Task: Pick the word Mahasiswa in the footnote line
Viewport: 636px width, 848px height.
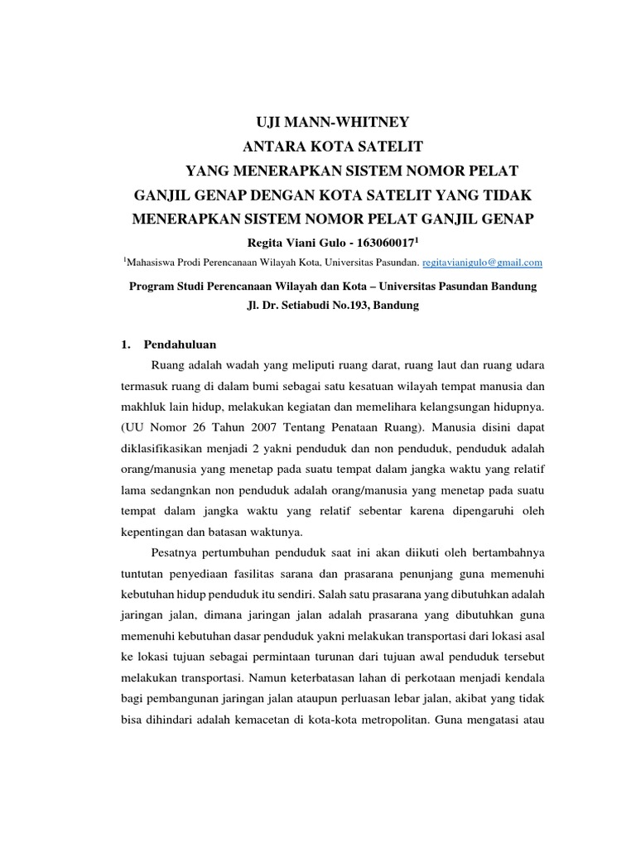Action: [155, 262]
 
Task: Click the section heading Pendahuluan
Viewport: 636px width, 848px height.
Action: [180, 342]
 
